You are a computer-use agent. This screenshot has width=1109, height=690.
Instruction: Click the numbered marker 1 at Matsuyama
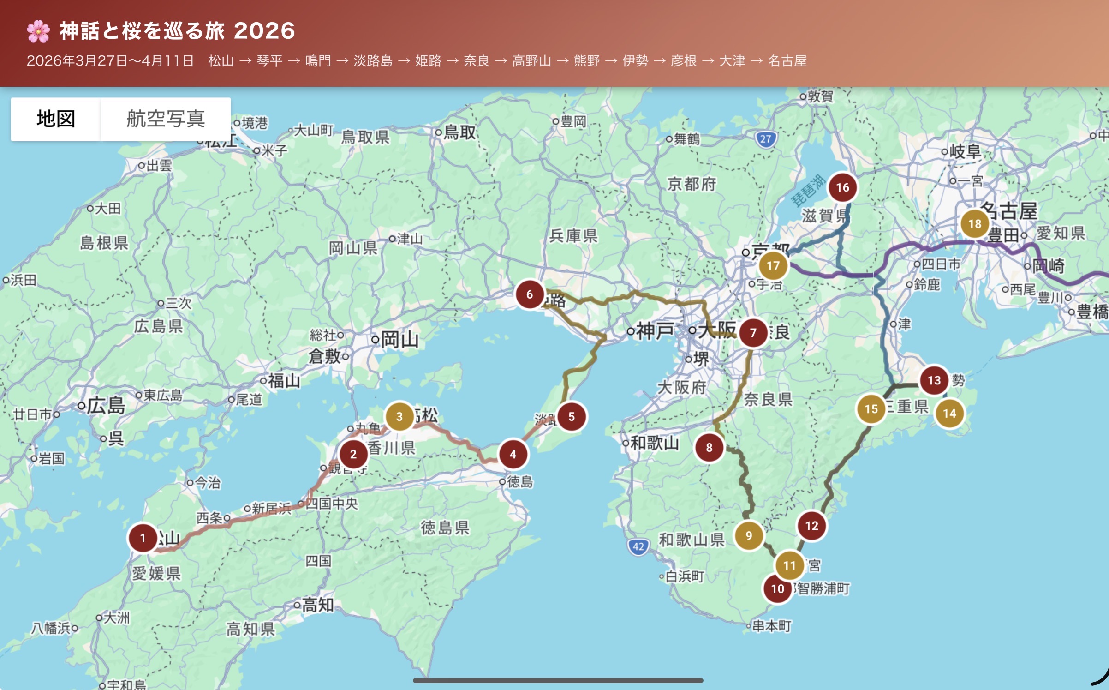pyautogui.click(x=143, y=538)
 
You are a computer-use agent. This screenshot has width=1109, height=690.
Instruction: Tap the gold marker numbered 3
pyautogui.click(x=399, y=416)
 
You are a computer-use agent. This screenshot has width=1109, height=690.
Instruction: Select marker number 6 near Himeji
pyautogui.click(x=530, y=294)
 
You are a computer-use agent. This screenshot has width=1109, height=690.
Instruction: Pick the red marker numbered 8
pyautogui.click(x=709, y=447)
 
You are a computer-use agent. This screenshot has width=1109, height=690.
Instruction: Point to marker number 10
pyautogui.click(x=778, y=588)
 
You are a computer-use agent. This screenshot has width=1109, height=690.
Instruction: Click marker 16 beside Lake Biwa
pyautogui.click(x=843, y=187)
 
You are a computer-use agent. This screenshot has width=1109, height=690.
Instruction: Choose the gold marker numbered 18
pyautogui.click(x=975, y=224)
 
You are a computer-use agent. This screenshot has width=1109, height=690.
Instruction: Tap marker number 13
pyautogui.click(x=934, y=380)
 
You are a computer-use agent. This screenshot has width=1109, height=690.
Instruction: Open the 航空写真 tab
pyautogui.click(x=166, y=119)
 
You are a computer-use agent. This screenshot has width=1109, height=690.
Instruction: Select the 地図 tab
pyautogui.click(x=56, y=119)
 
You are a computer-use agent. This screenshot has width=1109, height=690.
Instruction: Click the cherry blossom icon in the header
pyautogui.click(x=38, y=31)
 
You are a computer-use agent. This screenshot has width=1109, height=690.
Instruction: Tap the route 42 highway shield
pyautogui.click(x=638, y=547)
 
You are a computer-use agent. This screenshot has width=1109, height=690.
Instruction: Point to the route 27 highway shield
pyautogui.click(x=766, y=139)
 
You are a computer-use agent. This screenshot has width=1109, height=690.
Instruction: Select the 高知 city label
pyautogui.click(x=318, y=605)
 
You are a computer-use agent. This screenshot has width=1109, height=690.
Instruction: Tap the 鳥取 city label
pyautogui.click(x=459, y=133)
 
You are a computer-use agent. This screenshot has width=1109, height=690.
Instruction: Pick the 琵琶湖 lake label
pyautogui.click(x=808, y=190)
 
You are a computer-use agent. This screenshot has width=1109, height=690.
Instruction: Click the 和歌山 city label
pyautogui.click(x=654, y=444)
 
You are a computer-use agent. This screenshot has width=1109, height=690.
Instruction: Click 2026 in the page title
pyautogui.click(x=264, y=31)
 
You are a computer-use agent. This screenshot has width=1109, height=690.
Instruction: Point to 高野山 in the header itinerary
pyautogui.click(x=531, y=61)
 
